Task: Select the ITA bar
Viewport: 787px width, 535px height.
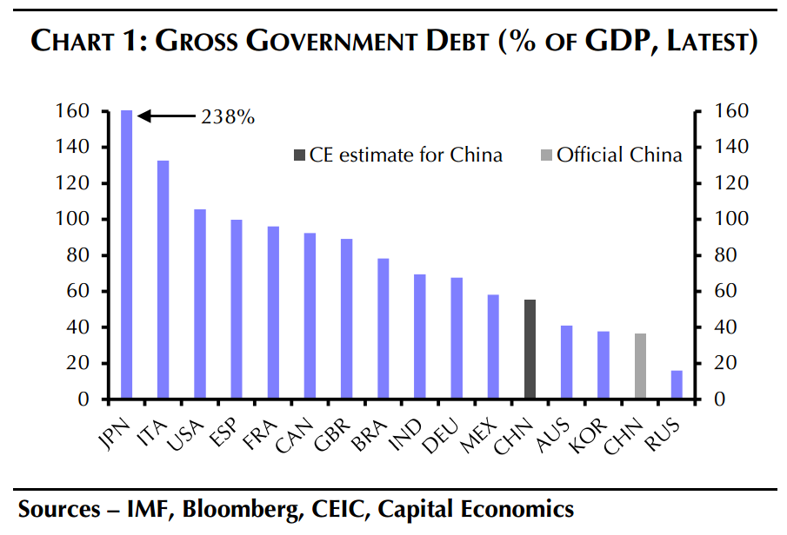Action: click(x=163, y=280)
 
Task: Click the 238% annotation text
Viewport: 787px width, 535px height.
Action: click(x=228, y=116)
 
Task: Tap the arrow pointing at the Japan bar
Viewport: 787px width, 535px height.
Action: click(x=165, y=116)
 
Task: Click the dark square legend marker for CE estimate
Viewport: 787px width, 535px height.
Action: click(x=300, y=155)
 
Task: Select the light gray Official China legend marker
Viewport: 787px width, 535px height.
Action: click(x=545, y=155)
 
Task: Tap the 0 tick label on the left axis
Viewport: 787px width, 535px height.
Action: click(x=84, y=400)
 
